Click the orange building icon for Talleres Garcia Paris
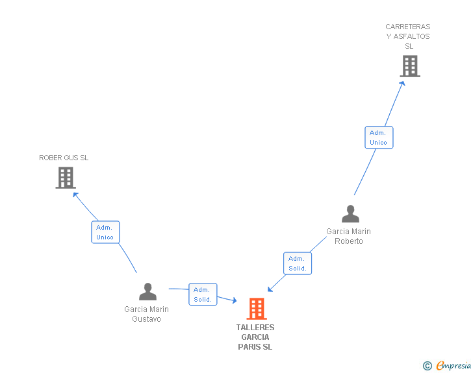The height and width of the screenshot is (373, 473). coord(257,309)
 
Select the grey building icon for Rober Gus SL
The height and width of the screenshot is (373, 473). coord(65,178)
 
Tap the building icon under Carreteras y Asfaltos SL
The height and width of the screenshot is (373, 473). coord(409,66)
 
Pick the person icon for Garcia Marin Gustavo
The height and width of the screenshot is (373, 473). coord(147,292)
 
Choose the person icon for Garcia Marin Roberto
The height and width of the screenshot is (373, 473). coord(350,214)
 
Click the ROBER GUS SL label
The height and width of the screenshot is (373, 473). coord(64,158)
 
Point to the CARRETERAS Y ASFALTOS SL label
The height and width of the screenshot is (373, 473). coord(408,36)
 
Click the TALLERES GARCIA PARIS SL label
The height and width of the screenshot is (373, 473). coord(255,337)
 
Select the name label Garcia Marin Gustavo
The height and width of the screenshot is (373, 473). coord(147,314)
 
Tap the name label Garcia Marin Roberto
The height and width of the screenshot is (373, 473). coord(349,236)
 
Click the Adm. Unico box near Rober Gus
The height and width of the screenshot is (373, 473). coord(105,232)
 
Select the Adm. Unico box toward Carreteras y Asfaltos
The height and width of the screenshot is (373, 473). coord(378,138)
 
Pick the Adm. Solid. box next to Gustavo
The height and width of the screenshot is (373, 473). coord(203,295)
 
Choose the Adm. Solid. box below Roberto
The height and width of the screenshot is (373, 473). coord(298,263)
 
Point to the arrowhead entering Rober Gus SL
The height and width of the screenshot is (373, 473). coord(75,194)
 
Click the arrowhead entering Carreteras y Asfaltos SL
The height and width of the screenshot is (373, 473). coord(403,83)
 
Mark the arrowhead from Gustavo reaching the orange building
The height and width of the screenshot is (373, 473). coord(235,300)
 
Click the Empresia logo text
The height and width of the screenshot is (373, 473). coord(454,366)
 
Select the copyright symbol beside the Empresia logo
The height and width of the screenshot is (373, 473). coord(428,367)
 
